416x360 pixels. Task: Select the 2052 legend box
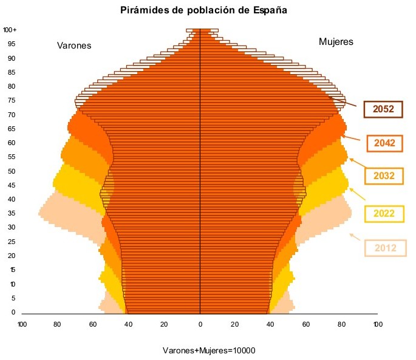point(384,109)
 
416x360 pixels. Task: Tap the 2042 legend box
point(385,143)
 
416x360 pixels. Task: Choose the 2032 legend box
point(384,176)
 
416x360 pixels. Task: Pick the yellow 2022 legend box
point(384,214)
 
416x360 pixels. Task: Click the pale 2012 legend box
point(385,248)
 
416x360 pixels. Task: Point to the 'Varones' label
point(74,46)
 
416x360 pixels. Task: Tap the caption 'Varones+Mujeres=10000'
point(209,351)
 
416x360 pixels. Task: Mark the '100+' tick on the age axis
point(10,30)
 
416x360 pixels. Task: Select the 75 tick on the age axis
point(12,100)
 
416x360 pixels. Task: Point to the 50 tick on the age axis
point(12,171)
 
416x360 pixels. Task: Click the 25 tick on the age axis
point(12,242)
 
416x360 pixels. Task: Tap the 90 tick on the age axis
point(12,58)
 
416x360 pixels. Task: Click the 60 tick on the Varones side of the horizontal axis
point(93,324)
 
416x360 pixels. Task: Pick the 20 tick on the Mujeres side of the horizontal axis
point(236,324)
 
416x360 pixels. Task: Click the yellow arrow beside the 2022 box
point(357,194)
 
